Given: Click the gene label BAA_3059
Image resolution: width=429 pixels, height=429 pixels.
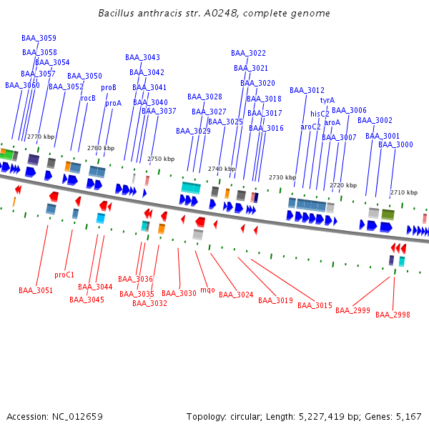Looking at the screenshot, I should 39,39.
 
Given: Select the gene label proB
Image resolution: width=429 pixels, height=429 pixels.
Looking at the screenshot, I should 109,88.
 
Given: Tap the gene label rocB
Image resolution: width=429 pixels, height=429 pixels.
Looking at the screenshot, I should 88,99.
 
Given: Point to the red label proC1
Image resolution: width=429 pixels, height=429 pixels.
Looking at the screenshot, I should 64,275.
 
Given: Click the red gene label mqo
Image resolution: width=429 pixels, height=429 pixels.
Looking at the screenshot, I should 207,290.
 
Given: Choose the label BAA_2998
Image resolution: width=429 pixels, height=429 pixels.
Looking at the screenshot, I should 393,315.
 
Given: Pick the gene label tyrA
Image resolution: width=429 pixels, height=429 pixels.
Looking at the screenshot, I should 327,101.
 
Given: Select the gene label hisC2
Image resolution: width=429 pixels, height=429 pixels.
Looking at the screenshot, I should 320,114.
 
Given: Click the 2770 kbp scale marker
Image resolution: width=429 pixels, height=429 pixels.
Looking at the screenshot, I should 41,137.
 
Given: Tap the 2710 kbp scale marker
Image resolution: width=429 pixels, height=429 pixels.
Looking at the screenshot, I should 404,192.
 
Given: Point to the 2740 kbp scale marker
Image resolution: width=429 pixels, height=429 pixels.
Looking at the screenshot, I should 222,169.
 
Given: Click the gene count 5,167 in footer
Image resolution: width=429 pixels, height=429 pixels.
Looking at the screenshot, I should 409,416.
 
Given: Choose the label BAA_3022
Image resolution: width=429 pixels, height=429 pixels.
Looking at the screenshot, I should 248,53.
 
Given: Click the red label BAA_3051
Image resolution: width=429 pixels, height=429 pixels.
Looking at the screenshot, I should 36,290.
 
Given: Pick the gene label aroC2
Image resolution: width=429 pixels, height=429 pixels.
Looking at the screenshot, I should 310,127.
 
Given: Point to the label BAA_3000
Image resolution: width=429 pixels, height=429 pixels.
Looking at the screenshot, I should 395,145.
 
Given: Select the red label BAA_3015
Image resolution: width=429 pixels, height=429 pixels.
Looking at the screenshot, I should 315,306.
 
